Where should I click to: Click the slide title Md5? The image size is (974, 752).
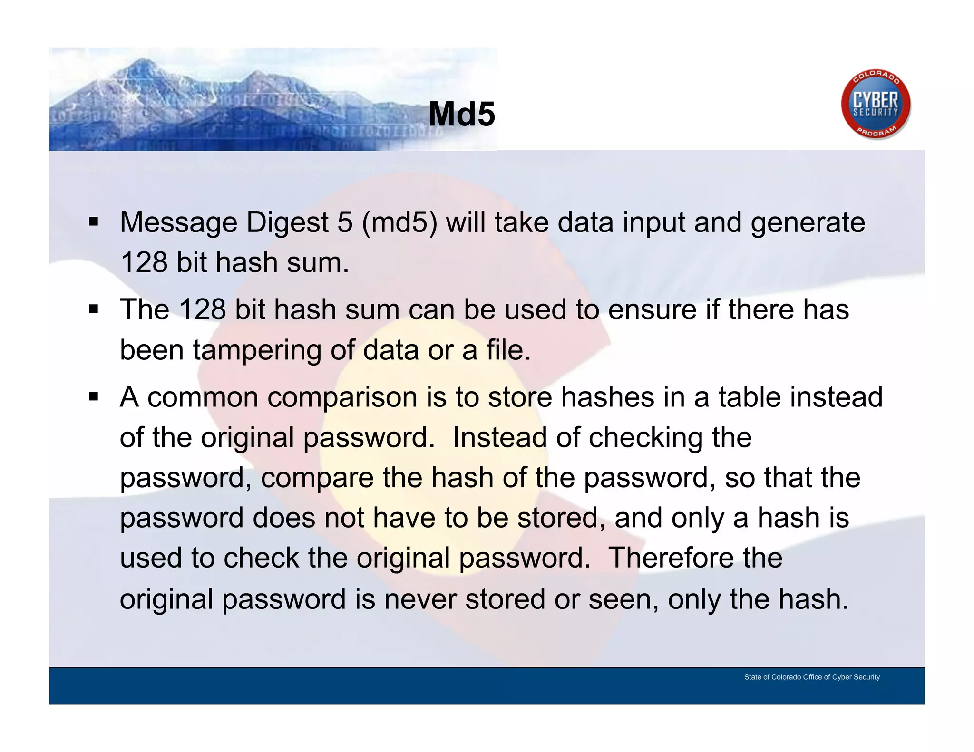(461, 114)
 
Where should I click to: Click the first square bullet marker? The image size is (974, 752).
(93, 222)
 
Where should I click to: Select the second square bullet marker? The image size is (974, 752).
(93, 309)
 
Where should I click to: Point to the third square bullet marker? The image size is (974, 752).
(93, 396)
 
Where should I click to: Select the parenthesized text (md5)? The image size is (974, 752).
(399, 222)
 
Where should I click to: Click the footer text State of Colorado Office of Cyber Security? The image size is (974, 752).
(812, 677)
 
